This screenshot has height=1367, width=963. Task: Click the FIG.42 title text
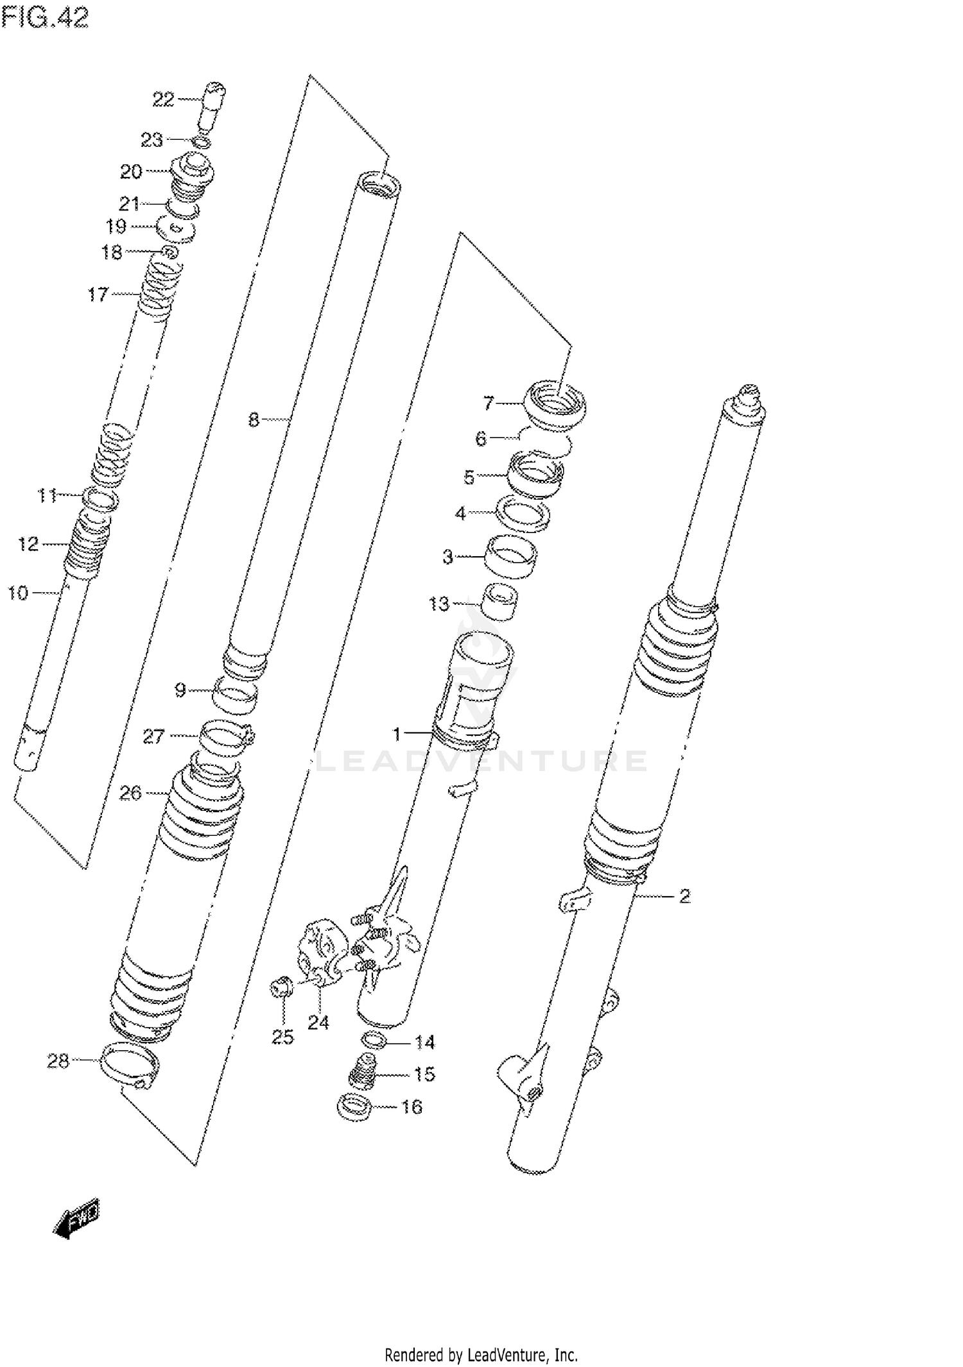coord(45,18)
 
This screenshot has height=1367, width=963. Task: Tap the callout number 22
coord(163,99)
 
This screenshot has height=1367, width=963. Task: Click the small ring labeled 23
coord(201,142)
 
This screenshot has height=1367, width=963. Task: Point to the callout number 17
coord(98,294)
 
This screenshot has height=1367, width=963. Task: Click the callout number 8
coord(254,420)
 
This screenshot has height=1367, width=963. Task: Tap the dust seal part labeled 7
coord(555,405)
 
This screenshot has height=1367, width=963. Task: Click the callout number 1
coord(397,733)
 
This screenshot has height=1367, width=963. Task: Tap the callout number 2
coord(684,896)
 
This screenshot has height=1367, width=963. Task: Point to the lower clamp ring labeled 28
coord(130,1067)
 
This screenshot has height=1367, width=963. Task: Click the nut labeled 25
coord(281,988)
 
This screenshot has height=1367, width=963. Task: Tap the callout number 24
coord(318,1023)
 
